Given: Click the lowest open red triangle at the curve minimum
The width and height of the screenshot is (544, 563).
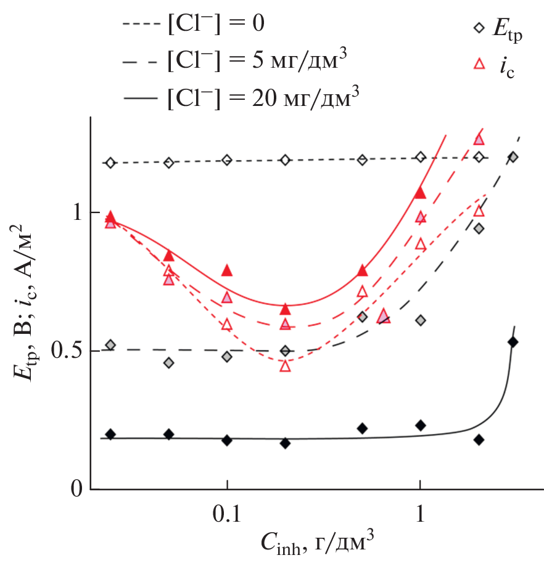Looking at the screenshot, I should [285, 365].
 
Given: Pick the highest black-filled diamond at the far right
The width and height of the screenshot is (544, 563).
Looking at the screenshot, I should [512, 342].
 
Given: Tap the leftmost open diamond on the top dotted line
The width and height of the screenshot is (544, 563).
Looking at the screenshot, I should [110, 163].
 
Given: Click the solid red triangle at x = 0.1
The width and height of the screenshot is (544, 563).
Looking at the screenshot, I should [227, 270].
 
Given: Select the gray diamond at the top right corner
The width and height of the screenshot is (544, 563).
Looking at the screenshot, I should [513, 157].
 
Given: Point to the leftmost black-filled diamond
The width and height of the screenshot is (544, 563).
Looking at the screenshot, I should [110, 434].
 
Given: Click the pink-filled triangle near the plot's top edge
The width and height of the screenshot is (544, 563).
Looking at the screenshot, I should [479, 139].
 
